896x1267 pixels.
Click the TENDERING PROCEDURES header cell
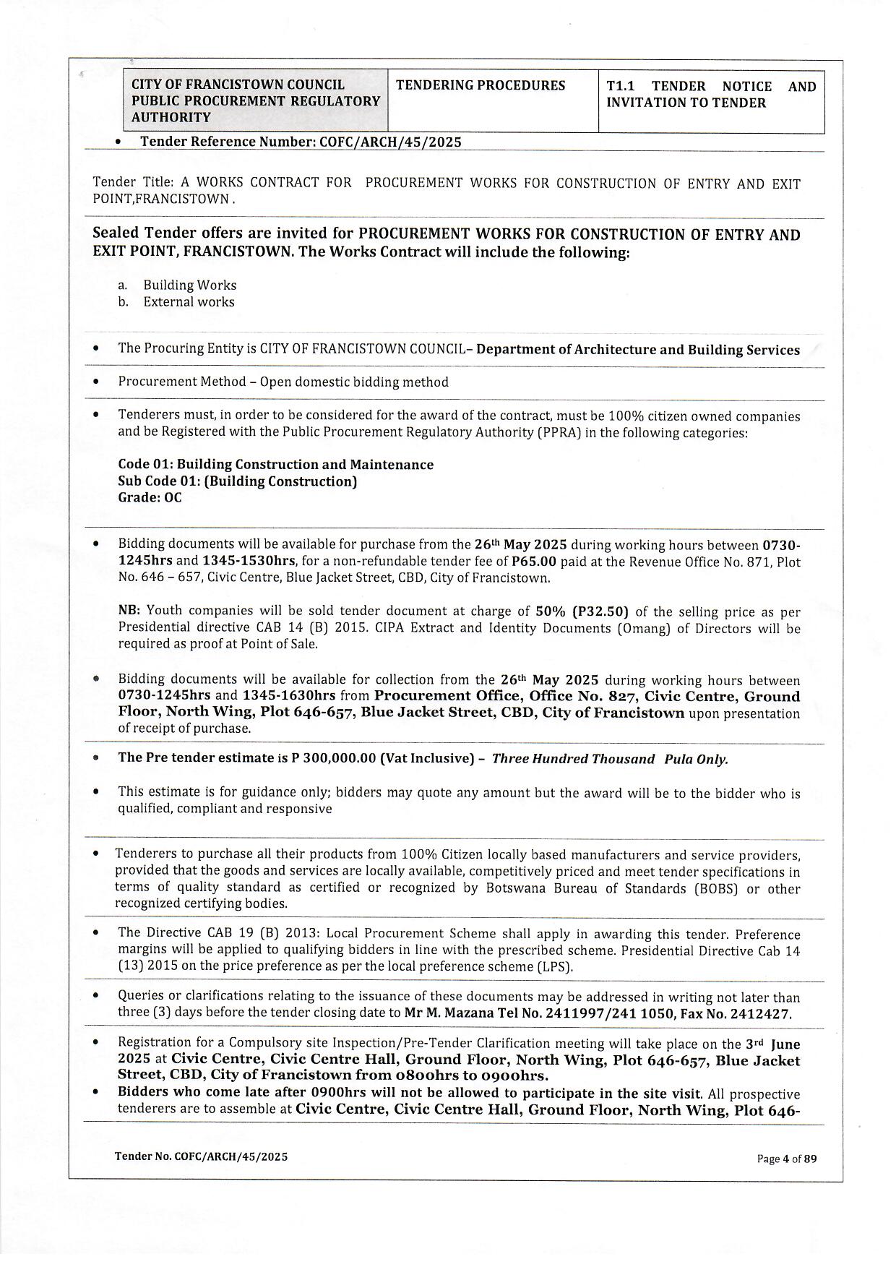tap(481, 85)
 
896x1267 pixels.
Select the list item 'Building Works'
tap(189, 285)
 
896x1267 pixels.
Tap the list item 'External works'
tap(189, 302)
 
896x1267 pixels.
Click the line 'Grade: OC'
tap(150, 498)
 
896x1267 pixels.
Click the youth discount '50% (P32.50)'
tap(582, 611)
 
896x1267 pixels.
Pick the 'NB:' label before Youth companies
tap(129, 611)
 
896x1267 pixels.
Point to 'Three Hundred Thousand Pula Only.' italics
tap(610, 759)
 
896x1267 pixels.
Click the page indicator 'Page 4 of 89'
tap(786, 1159)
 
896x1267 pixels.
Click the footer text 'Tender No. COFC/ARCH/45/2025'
tap(201, 1157)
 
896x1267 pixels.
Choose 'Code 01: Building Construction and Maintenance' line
tap(275, 465)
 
